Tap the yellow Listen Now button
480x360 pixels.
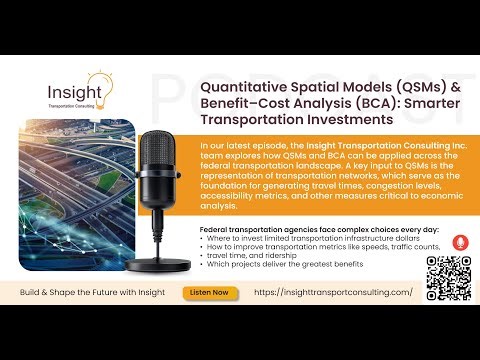[x=207, y=292]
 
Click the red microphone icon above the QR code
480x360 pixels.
[x=460, y=242]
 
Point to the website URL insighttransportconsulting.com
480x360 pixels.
[x=333, y=292]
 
